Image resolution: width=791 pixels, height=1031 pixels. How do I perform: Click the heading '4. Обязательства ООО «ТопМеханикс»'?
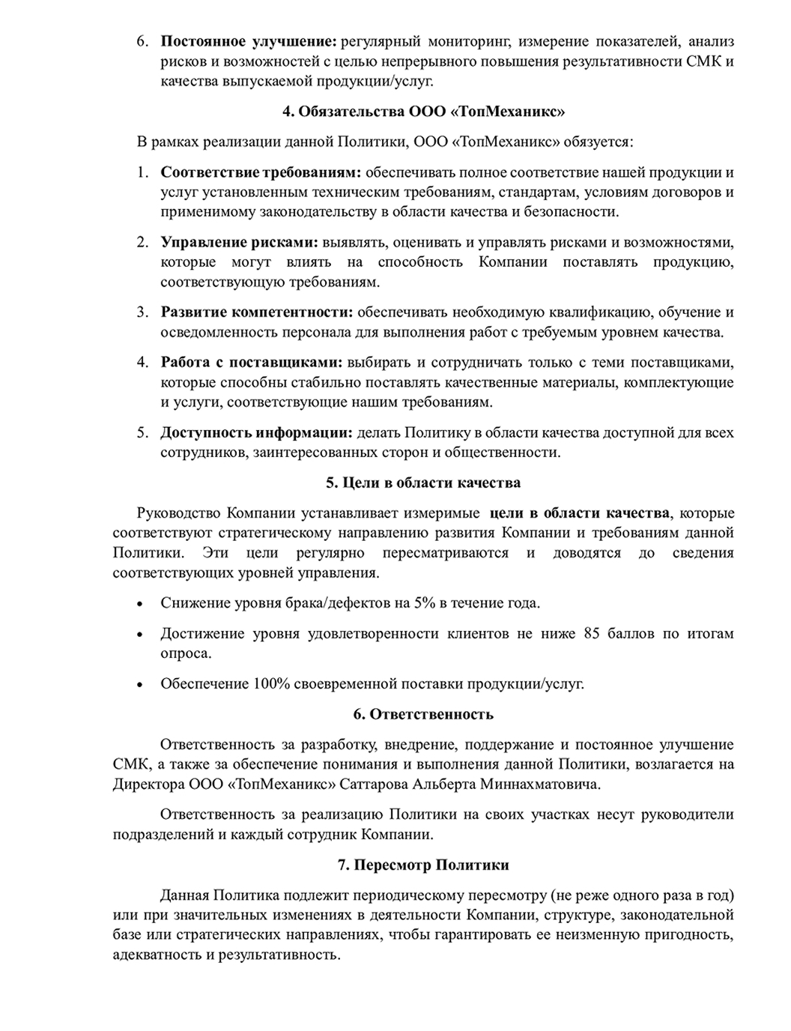[423, 112]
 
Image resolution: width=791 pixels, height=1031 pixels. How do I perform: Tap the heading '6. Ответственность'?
[423, 714]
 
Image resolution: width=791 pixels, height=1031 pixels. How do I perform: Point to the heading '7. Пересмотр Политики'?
[423, 865]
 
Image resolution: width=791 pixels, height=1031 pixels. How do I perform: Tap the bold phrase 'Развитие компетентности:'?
[256, 312]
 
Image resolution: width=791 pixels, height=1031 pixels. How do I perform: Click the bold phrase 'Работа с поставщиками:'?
[251, 363]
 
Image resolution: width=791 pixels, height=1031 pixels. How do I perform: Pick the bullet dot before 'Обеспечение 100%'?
[140, 684]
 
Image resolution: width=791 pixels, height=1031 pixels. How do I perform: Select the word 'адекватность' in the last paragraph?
[153, 955]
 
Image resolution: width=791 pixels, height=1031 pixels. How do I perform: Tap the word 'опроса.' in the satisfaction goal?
[186, 653]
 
